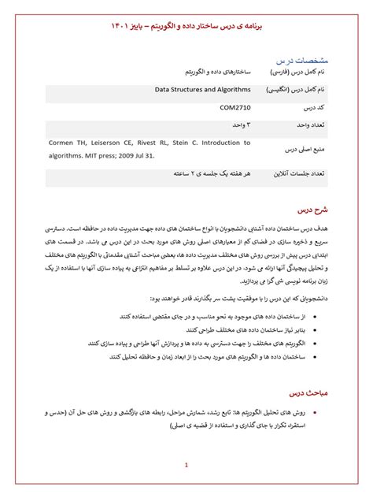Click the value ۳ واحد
click(x=238, y=124)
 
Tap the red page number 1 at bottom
click(x=186, y=465)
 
